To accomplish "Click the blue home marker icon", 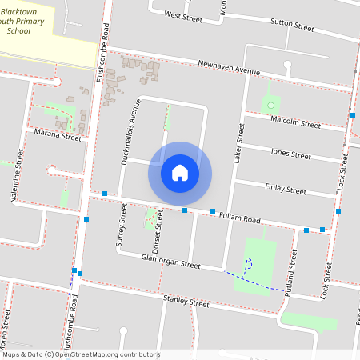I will click(x=180, y=172).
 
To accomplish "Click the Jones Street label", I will click(x=290, y=154).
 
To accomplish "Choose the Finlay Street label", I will click(x=286, y=190).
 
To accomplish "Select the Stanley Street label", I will click(x=186, y=302).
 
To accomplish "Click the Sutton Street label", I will click(x=292, y=26).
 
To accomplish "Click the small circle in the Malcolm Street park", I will click(x=271, y=105).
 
